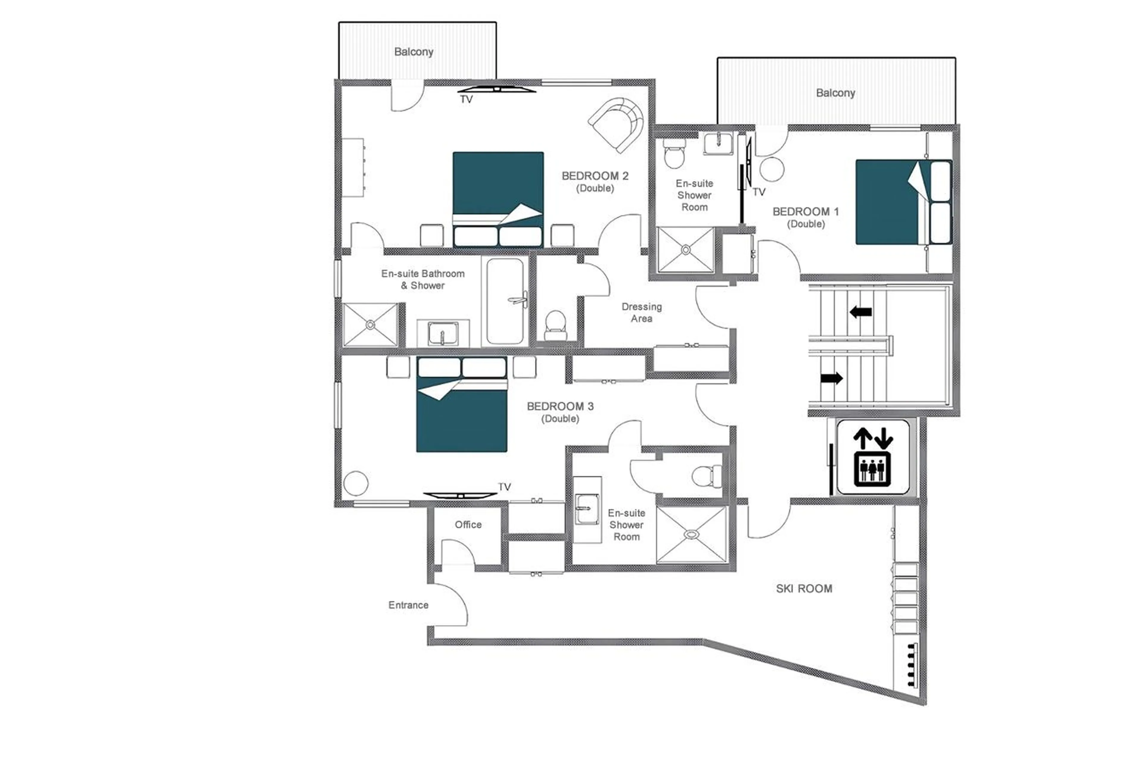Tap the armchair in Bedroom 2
pos(616,124)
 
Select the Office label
pos(468,524)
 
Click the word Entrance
pos(408,605)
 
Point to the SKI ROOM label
pos(804,588)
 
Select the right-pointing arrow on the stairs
pos(831,378)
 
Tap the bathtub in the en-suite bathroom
pos(505,301)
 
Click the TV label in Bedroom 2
pos(466,100)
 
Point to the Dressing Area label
pos(641,312)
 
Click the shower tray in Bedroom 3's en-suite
pos(691,535)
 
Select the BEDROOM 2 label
pos(595,176)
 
